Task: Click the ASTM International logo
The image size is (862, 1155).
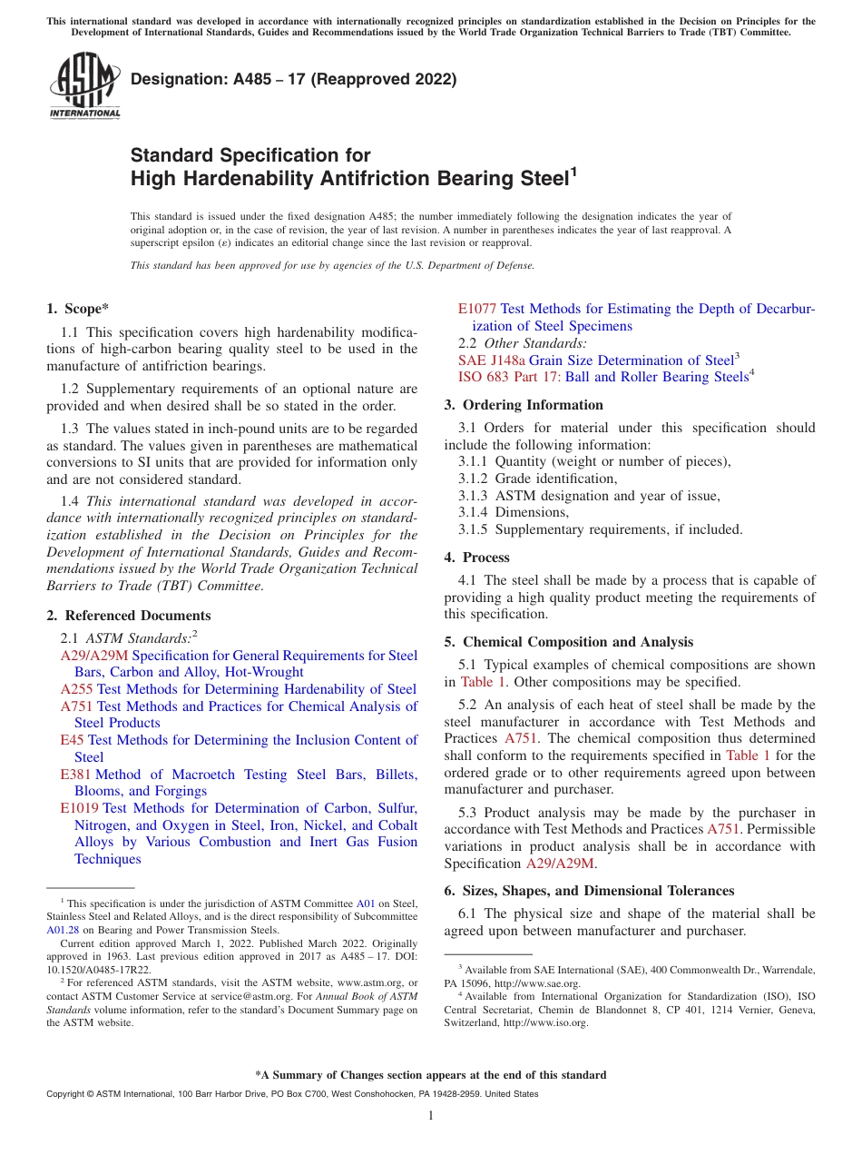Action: pyautogui.click(x=84, y=85)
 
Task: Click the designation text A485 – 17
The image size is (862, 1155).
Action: pyautogui.click(x=293, y=79)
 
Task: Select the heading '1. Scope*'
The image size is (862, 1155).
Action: pyautogui.click(x=79, y=309)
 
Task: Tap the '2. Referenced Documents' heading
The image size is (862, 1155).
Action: pyautogui.click(x=128, y=615)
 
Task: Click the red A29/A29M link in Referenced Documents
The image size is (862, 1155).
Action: pyautogui.click(x=94, y=656)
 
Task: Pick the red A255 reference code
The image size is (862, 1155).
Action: pyautogui.click(x=77, y=689)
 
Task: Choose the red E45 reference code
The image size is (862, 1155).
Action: pyautogui.click(x=73, y=740)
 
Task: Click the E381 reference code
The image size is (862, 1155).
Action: pyautogui.click(x=76, y=775)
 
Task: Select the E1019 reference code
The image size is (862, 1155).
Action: pyautogui.click(x=80, y=808)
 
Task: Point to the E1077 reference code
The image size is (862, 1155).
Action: pyautogui.click(x=477, y=309)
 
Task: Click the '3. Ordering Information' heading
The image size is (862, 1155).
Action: pyautogui.click(x=524, y=405)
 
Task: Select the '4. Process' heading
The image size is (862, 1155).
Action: pyautogui.click(x=477, y=558)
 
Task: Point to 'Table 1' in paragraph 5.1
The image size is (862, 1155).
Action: pyautogui.click(x=477, y=682)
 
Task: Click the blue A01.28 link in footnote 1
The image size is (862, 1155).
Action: pyautogui.click(x=62, y=930)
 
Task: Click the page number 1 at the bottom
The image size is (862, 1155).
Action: pyautogui.click(x=431, y=1116)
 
